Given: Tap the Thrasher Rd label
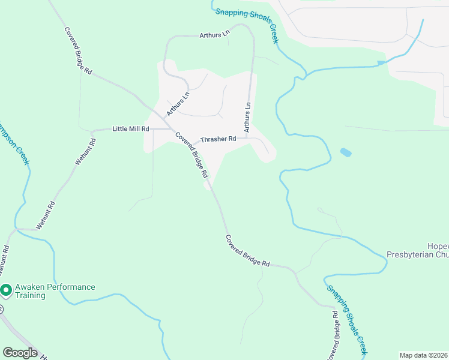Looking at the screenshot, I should pos(218,139).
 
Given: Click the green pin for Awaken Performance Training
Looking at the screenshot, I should pos(6,291).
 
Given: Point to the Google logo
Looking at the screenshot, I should pos(20,353).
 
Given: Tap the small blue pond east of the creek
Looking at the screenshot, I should pos(346,152).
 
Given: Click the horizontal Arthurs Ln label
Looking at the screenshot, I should pos(214,35).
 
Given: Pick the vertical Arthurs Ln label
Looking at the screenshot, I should pos(246,116).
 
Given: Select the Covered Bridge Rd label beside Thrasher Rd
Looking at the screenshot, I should pos(191,154).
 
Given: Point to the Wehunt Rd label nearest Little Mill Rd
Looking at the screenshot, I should pos(85,152).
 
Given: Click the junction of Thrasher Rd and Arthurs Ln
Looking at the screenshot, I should pos(247,138).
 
